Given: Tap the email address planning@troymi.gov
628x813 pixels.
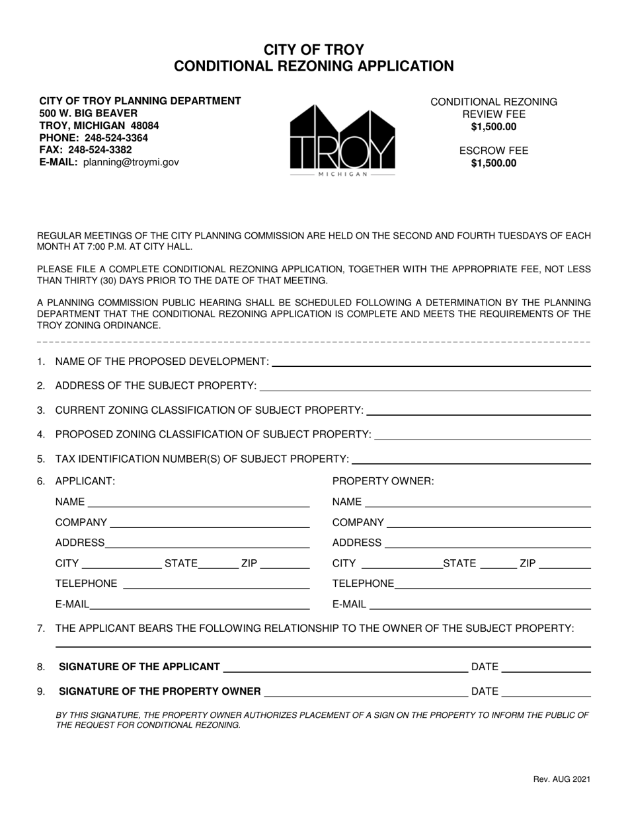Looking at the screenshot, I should [131, 162].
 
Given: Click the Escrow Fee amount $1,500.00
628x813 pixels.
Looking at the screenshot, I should [494, 163].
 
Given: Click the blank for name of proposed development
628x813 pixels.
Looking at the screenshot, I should [431, 361].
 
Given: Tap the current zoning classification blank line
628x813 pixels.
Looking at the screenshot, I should [478, 410].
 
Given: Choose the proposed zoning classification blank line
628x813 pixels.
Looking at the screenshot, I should [482, 434].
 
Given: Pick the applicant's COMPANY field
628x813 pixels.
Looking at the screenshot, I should [210, 523].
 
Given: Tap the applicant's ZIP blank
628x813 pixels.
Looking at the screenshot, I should [286, 564].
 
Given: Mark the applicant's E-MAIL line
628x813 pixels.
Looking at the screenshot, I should [200, 604].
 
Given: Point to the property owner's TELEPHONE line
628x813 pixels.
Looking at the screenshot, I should [492, 584].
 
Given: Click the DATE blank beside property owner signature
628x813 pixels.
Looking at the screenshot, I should [547, 691].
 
